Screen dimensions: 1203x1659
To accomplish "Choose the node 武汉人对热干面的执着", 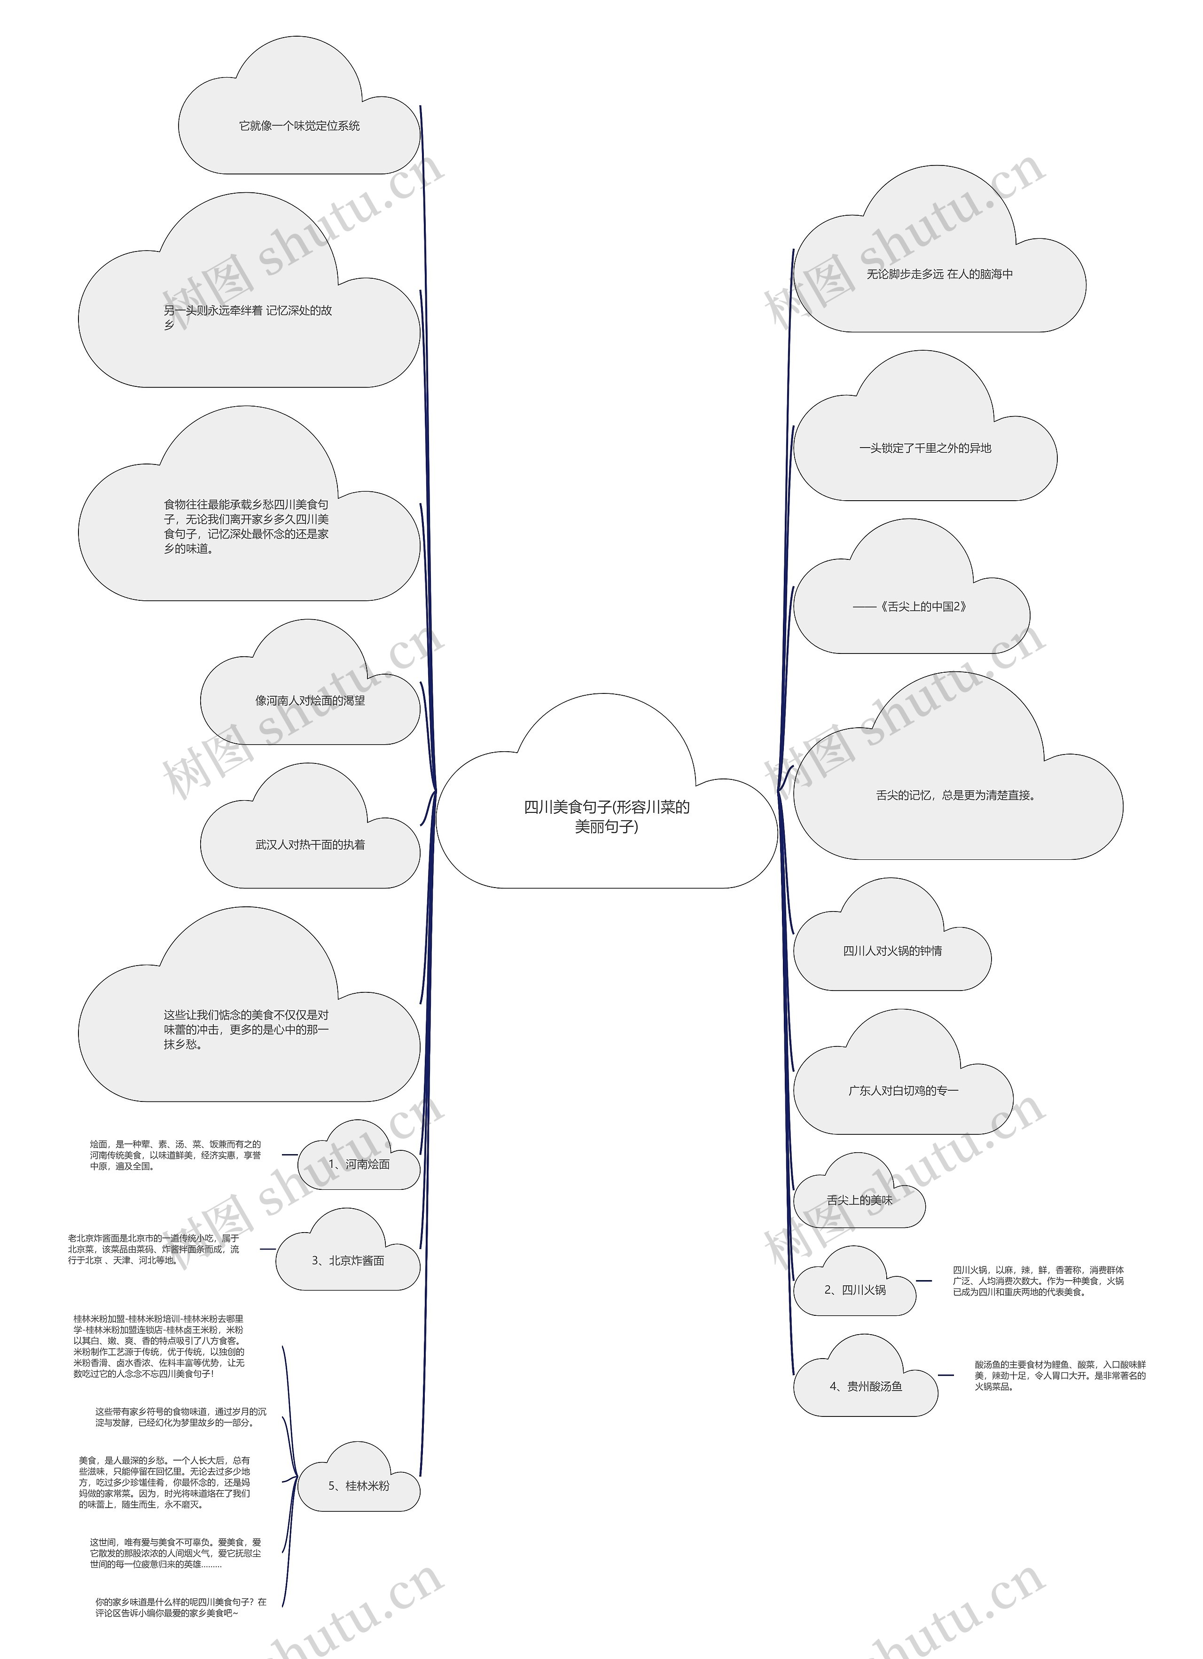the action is coord(310,826).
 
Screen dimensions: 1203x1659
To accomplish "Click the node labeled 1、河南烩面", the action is coord(359,1154).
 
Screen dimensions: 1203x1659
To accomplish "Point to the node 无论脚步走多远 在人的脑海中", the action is coord(940,249).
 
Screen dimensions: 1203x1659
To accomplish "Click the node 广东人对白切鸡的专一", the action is coord(903,1072).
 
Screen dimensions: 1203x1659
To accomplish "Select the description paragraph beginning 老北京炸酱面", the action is coord(154,1249).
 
